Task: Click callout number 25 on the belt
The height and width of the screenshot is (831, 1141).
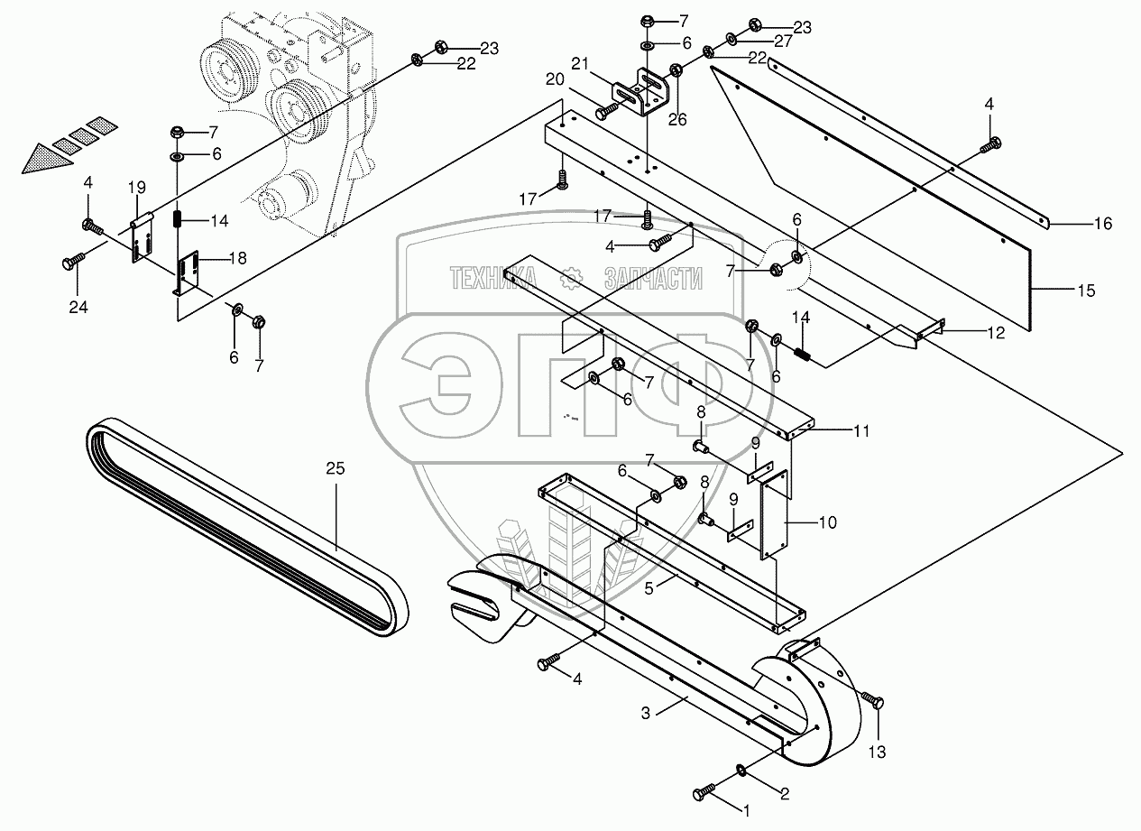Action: coord(336,467)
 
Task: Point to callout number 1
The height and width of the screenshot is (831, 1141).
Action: coord(745,811)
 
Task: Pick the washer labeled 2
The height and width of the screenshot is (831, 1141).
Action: coord(740,770)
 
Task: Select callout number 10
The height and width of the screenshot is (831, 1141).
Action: coord(827,522)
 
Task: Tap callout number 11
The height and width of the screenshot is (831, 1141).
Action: coord(861,431)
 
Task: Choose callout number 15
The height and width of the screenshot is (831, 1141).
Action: coord(1086,291)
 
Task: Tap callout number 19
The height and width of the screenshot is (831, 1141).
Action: coord(136,188)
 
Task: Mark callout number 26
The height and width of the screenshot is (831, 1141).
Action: coord(676,117)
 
